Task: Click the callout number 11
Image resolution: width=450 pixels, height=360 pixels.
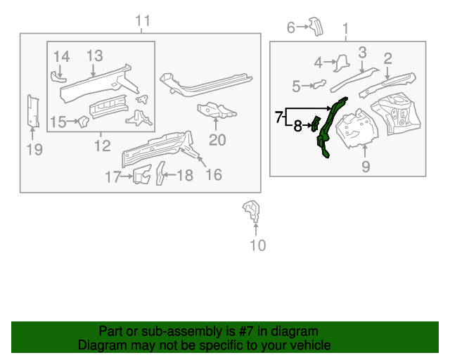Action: pos(143,21)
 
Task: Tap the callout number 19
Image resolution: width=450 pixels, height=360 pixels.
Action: pos(34,149)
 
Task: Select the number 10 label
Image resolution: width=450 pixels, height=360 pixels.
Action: pos(258,245)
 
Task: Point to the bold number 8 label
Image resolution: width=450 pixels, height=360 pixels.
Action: pos(297,127)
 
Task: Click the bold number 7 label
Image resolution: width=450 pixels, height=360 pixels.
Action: pos(279,116)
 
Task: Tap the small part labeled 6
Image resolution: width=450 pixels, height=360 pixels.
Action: pos(316,27)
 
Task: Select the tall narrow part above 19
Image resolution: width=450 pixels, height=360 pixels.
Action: pos(32,112)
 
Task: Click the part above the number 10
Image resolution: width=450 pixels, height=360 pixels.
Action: pos(251,210)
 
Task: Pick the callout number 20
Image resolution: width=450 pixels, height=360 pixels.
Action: pos(217,140)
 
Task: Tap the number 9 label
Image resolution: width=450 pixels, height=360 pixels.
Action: pos(366,167)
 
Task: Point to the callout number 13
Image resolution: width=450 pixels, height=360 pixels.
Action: pos(95,56)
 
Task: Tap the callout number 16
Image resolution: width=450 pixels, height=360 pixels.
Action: pos(213,174)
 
